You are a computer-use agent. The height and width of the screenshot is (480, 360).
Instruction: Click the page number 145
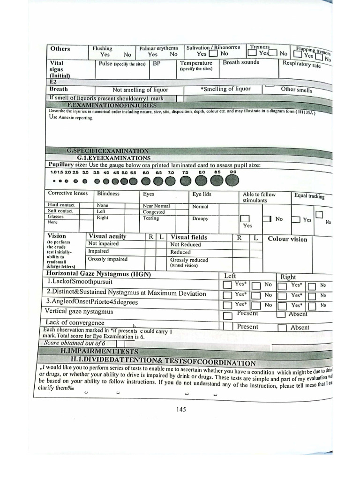(x=181, y=409)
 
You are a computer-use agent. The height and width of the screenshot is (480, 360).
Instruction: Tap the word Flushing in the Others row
(x=102, y=48)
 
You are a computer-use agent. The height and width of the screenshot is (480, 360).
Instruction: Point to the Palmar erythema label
(x=158, y=48)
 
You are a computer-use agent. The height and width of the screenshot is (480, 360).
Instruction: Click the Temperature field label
(x=196, y=63)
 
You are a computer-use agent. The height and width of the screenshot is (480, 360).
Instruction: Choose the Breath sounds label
(x=240, y=62)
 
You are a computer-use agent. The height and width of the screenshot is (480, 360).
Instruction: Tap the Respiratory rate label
(x=302, y=64)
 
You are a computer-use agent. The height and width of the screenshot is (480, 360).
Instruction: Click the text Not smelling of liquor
(x=140, y=90)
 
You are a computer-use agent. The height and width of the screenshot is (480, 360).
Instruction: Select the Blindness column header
(x=108, y=194)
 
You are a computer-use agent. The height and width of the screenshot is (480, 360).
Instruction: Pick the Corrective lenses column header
(x=67, y=193)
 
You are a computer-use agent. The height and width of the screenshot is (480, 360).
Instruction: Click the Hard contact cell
(x=60, y=205)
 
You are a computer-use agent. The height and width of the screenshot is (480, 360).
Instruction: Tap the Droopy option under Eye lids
(x=200, y=218)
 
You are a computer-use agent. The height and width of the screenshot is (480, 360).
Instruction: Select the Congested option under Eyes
(x=154, y=212)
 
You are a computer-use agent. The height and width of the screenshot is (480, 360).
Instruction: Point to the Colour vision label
(x=287, y=239)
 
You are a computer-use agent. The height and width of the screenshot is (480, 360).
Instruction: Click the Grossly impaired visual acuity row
(x=108, y=259)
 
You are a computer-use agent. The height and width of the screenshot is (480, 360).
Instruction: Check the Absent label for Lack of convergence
(x=300, y=328)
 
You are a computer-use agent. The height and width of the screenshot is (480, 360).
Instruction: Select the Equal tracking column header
(x=309, y=196)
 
